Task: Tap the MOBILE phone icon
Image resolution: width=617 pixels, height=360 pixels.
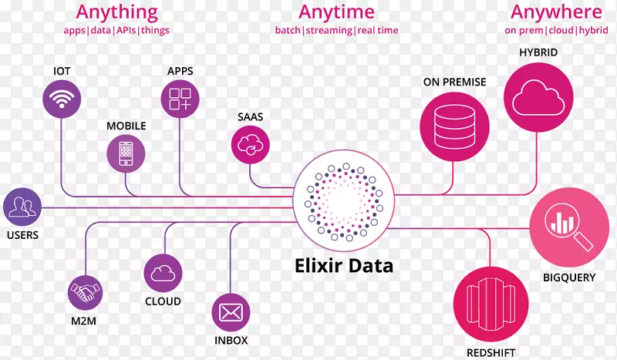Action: [125, 152]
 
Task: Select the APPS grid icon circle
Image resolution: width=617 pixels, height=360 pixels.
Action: [180, 99]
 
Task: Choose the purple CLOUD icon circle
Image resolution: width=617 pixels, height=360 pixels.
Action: [163, 272]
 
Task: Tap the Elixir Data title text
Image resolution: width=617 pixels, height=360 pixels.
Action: [344, 266]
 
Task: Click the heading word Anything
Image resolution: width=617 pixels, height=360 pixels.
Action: [117, 12]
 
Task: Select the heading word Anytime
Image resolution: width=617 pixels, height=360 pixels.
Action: [336, 12]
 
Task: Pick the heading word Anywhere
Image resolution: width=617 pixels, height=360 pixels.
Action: [556, 12]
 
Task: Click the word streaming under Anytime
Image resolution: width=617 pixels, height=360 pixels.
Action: [329, 31]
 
